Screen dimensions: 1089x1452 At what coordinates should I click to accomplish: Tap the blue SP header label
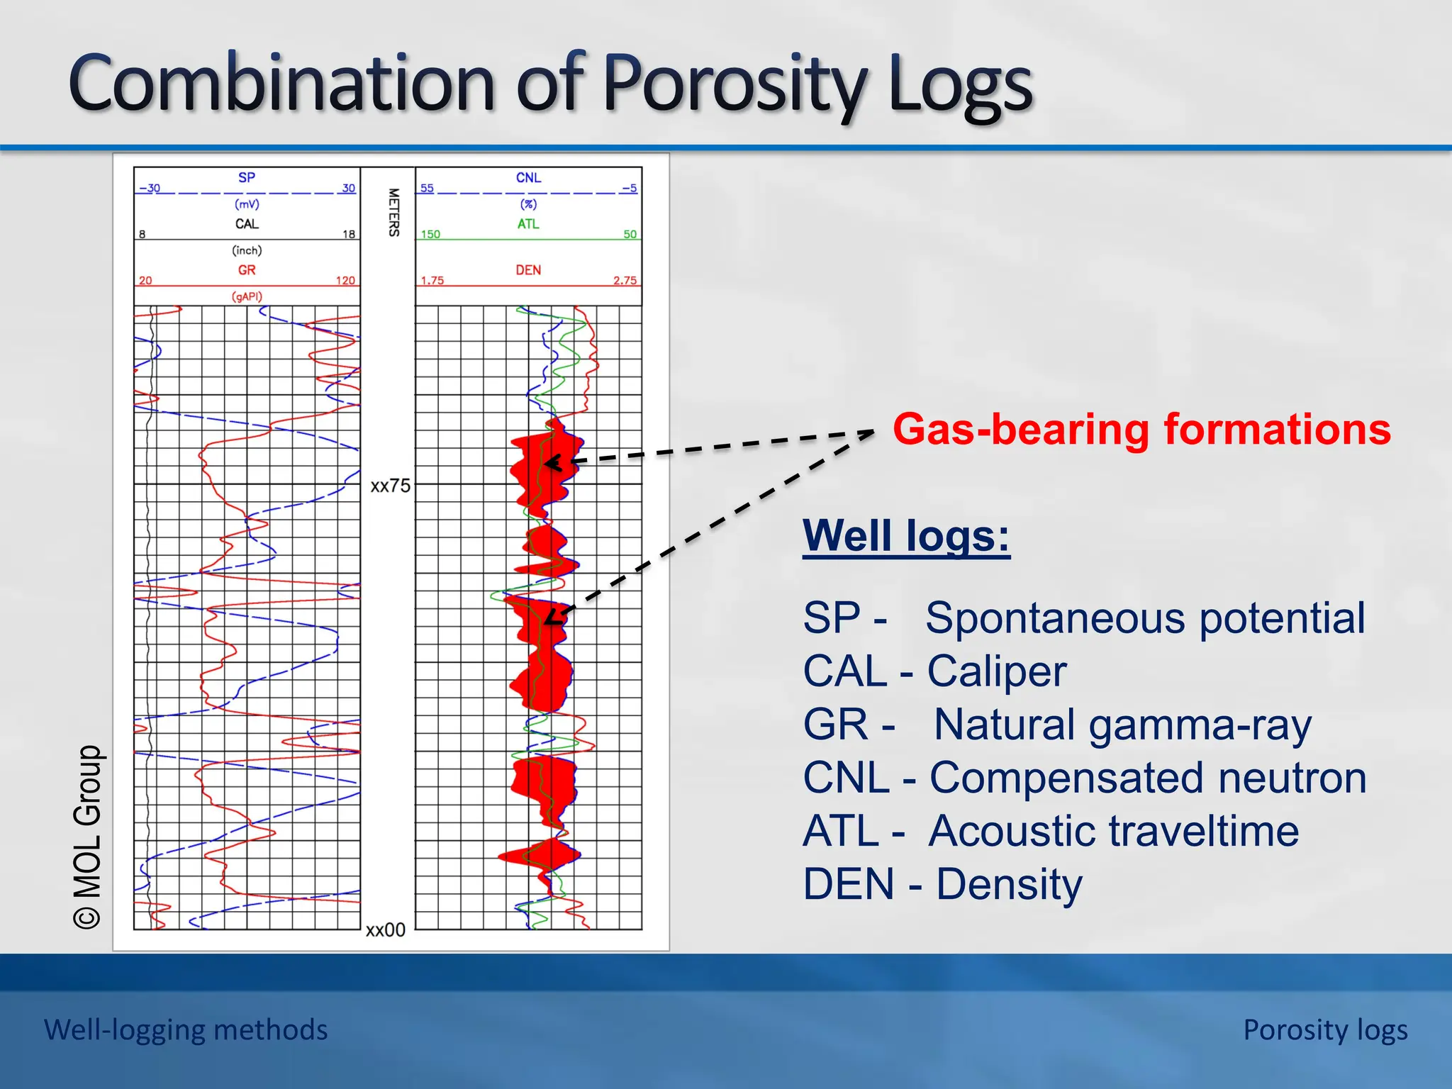pos(246,177)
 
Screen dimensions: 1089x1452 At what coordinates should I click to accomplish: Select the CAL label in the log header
pos(247,224)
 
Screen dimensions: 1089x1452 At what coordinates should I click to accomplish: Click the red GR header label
pos(246,270)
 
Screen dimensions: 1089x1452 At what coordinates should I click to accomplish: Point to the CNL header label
pos(528,177)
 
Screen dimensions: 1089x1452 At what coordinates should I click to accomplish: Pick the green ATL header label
pos(528,224)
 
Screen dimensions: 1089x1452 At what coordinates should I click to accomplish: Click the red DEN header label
pos(528,270)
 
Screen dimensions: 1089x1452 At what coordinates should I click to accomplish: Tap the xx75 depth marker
pos(390,486)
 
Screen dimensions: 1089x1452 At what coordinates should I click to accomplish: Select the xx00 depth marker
pos(385,930)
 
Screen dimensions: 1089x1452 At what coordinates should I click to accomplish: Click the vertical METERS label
pos(394,212)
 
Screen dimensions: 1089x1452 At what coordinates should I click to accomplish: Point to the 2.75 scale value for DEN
pos(625,280)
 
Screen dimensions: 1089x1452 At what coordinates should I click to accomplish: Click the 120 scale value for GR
pos(345,280)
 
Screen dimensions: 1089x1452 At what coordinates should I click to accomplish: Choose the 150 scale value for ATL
pos(430,234)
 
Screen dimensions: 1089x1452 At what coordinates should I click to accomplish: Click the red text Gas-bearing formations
pos(1141,430)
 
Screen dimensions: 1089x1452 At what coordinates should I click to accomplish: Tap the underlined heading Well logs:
pos(905,536)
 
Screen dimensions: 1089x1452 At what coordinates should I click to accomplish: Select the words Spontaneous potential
pos(1144,618)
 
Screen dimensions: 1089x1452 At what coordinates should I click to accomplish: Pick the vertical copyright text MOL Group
pos(88,837)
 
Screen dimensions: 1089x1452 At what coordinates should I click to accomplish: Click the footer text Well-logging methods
pos(186,1029)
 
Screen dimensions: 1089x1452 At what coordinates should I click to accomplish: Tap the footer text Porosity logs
pos(1324,1029)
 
